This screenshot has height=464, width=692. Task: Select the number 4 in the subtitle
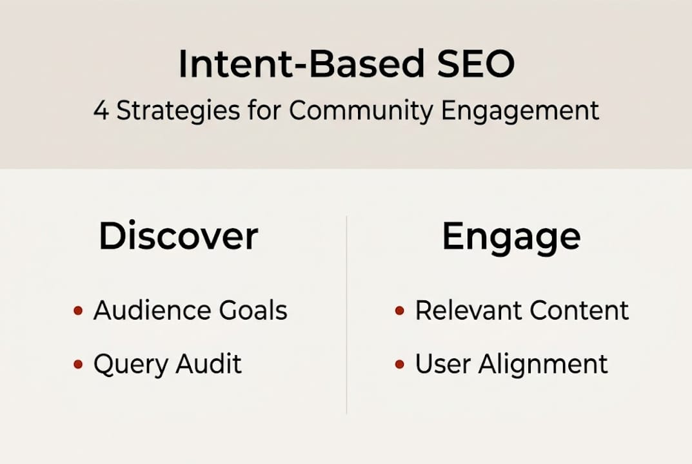(101, 111)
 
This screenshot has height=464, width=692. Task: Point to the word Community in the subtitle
(361, 111)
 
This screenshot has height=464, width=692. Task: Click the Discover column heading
(178, 237)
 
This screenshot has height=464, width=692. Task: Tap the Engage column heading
(511, 238)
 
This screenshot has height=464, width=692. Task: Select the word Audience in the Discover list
(153, 311)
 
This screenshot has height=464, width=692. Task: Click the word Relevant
(468, 311)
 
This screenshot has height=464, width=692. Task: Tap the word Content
(579, 311)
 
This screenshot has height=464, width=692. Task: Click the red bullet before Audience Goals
(78, 311)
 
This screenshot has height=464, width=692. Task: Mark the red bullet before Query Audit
(78, 365)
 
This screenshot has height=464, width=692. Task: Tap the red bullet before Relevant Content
(399, 311)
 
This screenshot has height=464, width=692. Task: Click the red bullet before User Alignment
(399, 365)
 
